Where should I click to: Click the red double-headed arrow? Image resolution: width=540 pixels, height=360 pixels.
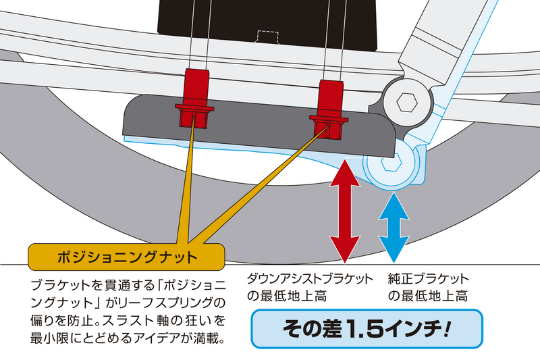coord(344,210)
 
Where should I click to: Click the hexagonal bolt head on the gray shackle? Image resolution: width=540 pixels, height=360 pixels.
coord(406,103)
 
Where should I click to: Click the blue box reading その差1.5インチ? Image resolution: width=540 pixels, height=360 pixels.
coord(367,329)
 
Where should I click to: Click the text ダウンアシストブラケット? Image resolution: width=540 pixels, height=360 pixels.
coord(310,279)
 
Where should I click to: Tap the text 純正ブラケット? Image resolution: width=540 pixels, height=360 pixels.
coord(428,279)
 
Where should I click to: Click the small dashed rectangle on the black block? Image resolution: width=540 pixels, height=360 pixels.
coord(269,35)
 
